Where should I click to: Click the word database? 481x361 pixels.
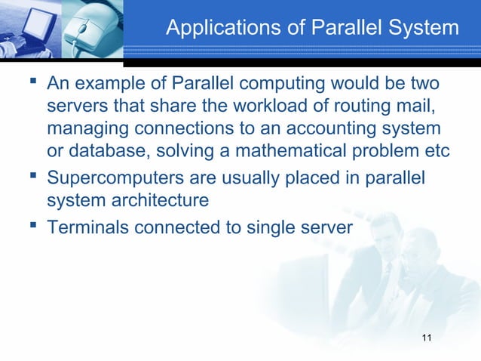click(x=105, y=150)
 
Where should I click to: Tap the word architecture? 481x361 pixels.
click(x=165, y=202)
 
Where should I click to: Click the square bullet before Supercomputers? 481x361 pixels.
click(x=35, y=178)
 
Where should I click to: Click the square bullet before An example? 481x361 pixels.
click(x=35, y=79)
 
